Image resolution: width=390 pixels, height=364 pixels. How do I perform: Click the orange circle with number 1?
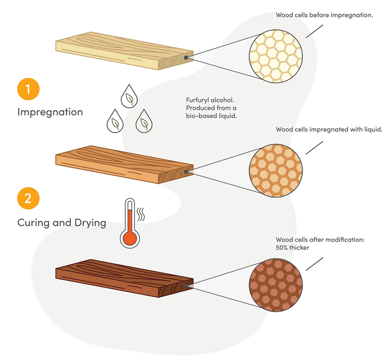click(28, 90)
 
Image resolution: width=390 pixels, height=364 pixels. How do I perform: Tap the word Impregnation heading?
click(50, 112)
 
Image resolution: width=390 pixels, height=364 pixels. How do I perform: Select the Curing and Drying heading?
click(61, 223)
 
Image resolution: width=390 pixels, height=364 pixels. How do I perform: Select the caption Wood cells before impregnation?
click(324, 15)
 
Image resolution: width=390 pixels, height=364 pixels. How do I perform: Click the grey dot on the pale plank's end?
click(186, 57)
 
